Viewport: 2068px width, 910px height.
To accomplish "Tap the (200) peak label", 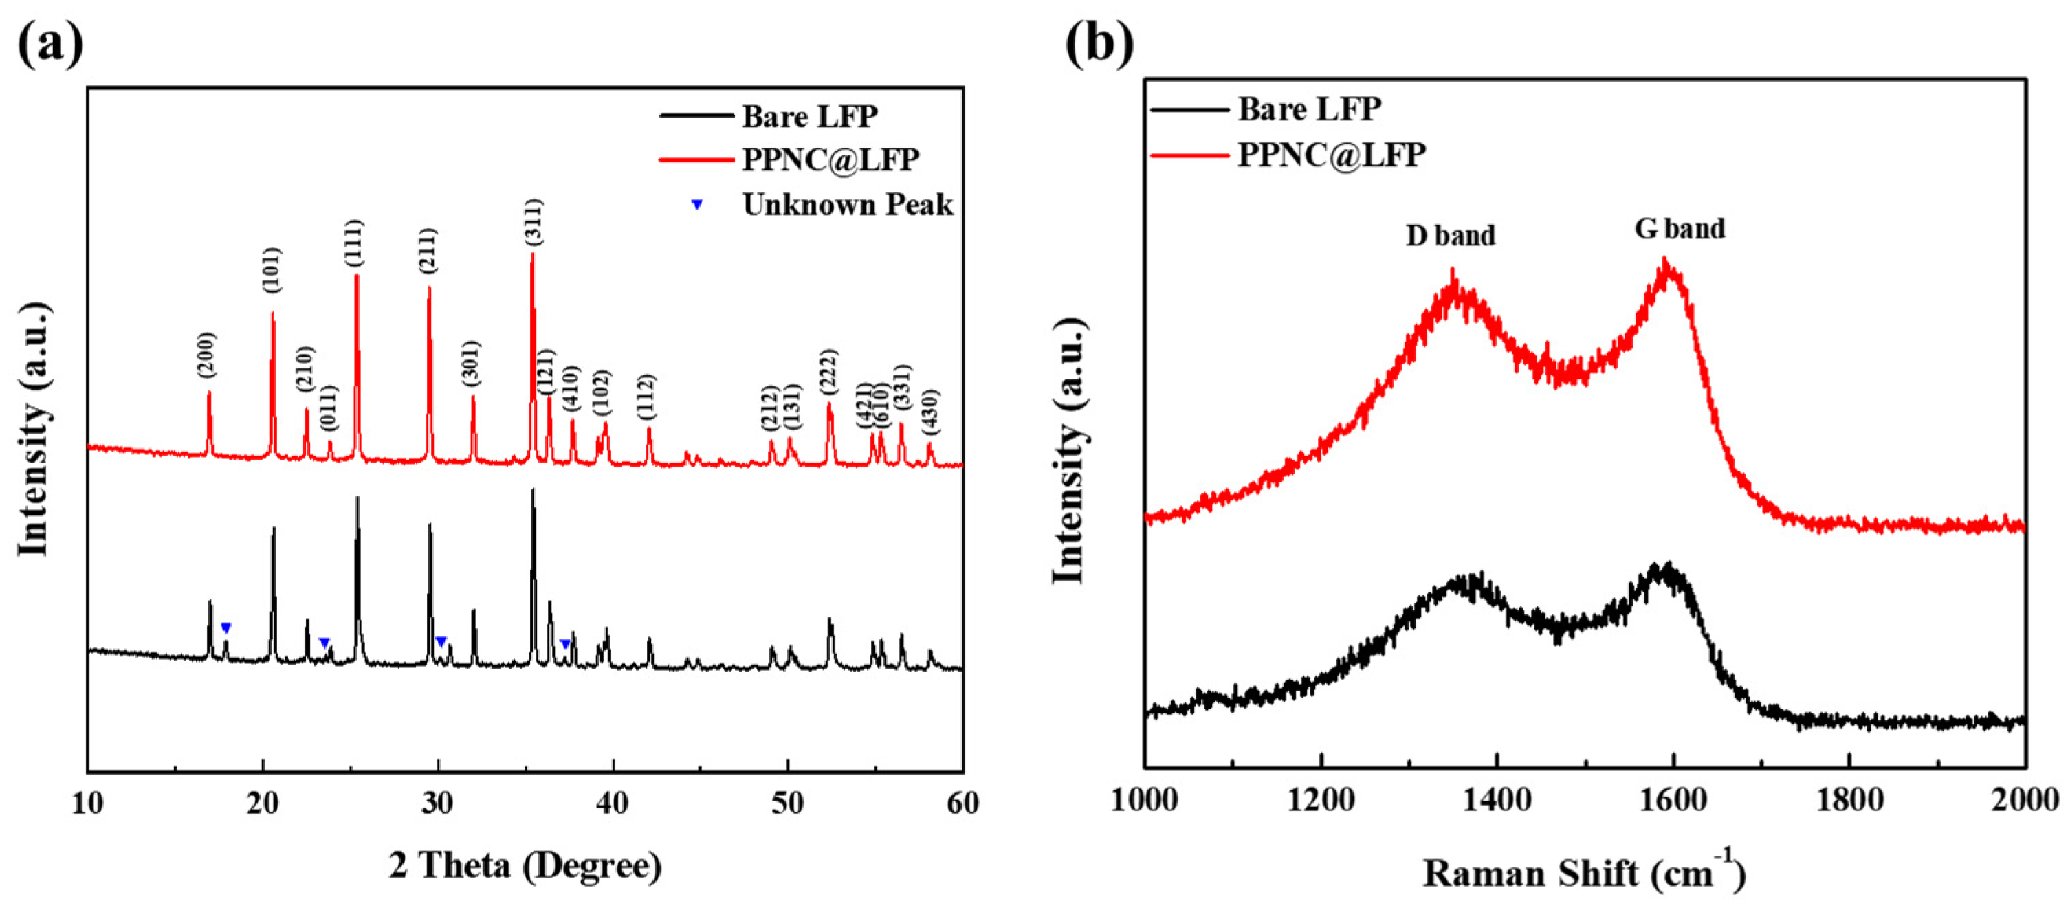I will pyautogui.click(x=207, y=355).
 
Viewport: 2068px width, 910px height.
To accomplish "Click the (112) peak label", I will pyautogui.click(x=646, y=396).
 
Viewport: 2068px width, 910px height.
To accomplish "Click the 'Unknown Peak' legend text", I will pyautogui.click(x=847, y=205).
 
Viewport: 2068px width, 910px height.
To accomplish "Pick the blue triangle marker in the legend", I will pyautogui.click(x=697, y=206).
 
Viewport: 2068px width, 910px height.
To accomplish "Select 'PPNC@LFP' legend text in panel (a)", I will pyautogui.click(x=830, y=159).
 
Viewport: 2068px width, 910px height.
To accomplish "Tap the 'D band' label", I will pyautogui.click(x=1450, y=236).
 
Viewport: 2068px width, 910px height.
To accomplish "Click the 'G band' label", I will pyautogui.click(x=1680, y=230).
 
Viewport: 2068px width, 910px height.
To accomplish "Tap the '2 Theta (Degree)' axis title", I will pyautogui.click(x=525, y=866).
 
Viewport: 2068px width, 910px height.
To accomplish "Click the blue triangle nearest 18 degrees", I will pyautogui.click(x=225, y=628).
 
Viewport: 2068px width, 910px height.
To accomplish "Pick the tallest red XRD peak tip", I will pyautogui.click(x=532, y=254).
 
